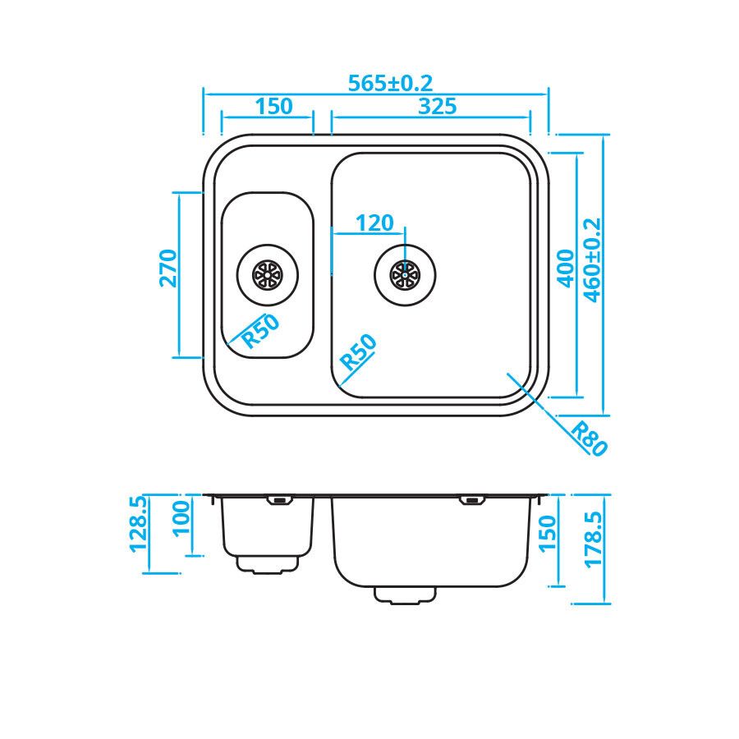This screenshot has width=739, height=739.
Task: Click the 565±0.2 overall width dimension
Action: [390, 84]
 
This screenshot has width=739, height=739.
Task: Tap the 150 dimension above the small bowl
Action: [273, 106]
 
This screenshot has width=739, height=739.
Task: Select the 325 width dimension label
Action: [437, 106]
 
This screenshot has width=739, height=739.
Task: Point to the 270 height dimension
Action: [168, 269]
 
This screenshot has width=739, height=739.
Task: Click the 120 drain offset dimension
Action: [374, 223]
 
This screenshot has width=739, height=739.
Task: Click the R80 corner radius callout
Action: [589, 438]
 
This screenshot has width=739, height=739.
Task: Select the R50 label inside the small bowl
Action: [260, 332]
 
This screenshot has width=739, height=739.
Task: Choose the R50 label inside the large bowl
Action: [359, 352]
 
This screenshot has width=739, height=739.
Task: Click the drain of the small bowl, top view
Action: [267, 274]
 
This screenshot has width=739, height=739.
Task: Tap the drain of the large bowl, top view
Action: [404, 275]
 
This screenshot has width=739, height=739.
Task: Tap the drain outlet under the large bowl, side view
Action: [405, 594]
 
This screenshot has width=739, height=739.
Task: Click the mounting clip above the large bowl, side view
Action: [471, 499]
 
